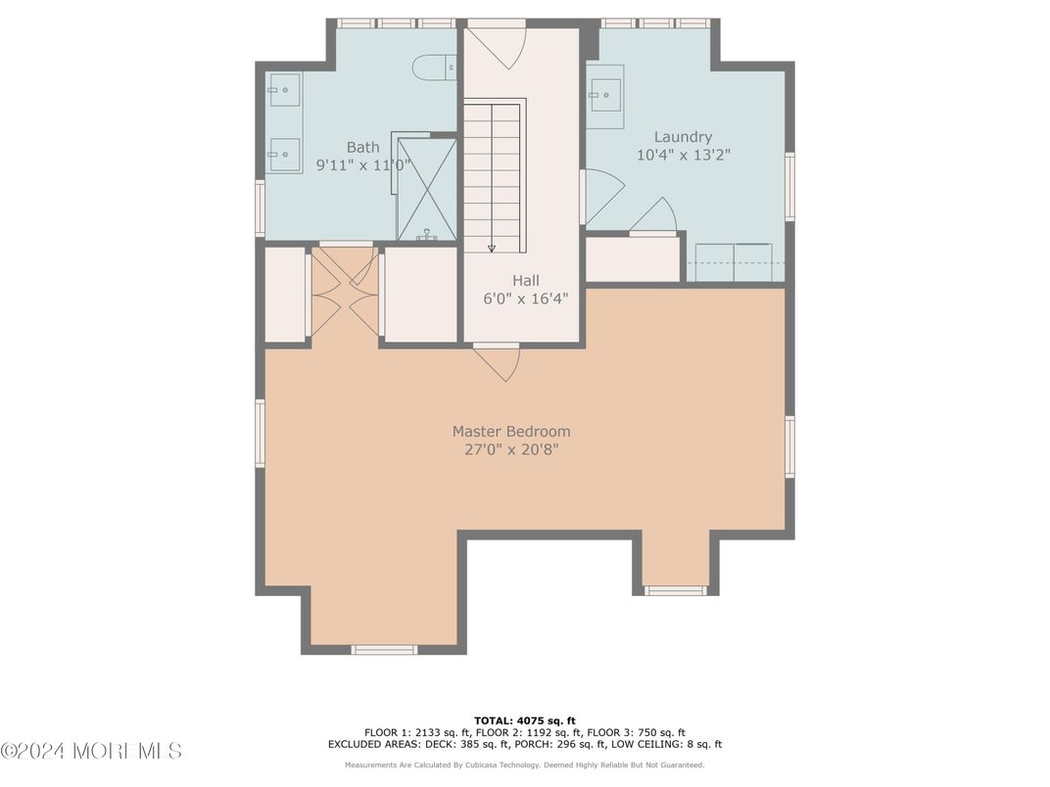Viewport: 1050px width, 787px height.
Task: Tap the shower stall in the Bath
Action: pos(426,188)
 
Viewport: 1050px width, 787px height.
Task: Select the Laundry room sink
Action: pos(605,96)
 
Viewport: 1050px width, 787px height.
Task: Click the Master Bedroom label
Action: pos(510,431)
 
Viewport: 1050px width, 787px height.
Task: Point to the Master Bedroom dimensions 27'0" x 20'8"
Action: pos(510,449)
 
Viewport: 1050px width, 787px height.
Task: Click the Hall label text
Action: pos(525,280)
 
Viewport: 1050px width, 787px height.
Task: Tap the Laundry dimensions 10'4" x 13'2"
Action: pos(683,155)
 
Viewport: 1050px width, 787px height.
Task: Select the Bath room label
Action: pos(362,147)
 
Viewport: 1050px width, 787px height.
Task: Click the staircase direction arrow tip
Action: pos(492,249)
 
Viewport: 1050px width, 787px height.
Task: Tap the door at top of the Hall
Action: pos(497,44)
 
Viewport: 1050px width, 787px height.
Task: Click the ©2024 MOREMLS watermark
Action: pos(91,751)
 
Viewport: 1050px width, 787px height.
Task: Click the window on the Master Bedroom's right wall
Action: pos(789,446)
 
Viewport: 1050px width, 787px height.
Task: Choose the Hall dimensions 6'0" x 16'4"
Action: pos(525,298)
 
